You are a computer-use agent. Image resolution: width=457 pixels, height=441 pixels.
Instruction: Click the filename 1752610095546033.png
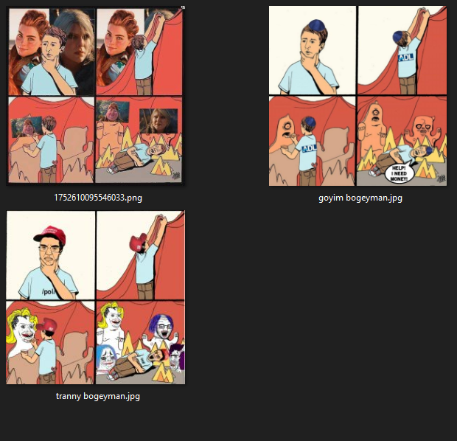tap(98, 198)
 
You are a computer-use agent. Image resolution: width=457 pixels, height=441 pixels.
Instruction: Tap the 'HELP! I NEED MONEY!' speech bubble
tap(399, 173)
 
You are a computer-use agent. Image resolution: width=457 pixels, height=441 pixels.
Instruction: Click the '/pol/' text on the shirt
tap(49, 291)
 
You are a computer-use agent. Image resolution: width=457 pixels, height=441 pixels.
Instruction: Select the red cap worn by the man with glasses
tap(50, 235)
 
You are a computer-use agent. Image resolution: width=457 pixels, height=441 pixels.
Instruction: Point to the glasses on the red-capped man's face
tap(49, 249)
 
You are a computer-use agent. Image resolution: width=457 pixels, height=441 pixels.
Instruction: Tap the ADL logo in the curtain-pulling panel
tap(405, 58)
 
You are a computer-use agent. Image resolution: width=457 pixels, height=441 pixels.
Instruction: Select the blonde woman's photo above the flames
tap(158, 121)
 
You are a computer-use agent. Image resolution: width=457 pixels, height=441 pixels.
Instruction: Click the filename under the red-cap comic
tap(98, 396)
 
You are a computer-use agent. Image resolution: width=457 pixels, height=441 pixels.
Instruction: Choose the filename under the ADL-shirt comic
tap(360, 198)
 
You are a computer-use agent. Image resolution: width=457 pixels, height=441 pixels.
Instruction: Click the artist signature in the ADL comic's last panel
tap(441, 178)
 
